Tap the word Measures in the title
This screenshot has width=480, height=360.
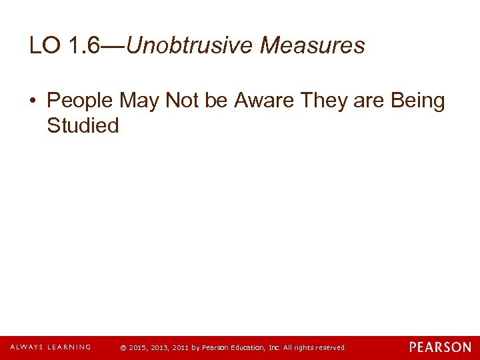coord(313,45)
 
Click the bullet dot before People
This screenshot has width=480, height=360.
coord(35,101)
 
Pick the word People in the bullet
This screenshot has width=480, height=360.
coord(81,101)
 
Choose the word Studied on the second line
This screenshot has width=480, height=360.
coord(83,125)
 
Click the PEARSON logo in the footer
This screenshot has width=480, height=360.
coord(440,347)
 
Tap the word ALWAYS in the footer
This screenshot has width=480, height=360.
coord(27,347)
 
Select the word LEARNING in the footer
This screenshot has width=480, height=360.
coord(70,347)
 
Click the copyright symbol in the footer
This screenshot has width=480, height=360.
coord(123,348)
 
